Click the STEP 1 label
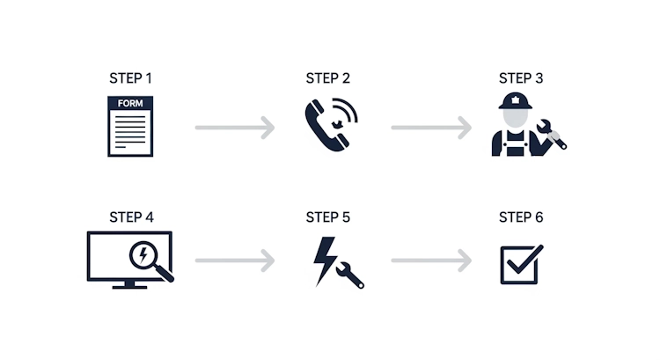point(130,78)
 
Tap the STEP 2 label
point(327,78)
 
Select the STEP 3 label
point(521,78)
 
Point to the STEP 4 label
point(130,217)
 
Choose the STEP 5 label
point(327,217)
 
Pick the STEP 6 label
point(521,217)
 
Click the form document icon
point(130,129)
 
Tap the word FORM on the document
point(130,103)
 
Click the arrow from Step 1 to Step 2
point(234,129)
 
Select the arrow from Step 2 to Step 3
point(430,129)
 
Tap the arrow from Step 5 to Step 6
point(430,261)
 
